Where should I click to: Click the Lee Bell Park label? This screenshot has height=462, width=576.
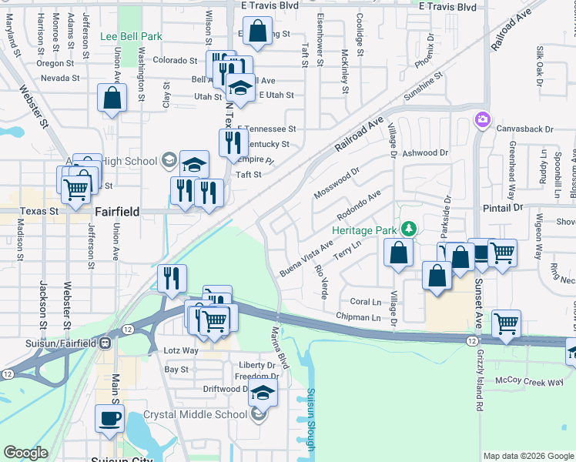pos(131,36)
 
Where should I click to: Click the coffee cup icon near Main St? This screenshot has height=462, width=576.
pos(109,418)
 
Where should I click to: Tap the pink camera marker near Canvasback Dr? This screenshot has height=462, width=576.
pos(482,119)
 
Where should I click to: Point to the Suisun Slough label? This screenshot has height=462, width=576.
pos(310,419)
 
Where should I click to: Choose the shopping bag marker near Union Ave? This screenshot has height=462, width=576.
pos(112,98)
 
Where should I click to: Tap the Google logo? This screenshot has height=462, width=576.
pos(26,453)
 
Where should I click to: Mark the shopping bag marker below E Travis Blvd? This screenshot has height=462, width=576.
pos(257,32)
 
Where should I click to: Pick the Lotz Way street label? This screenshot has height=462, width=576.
pos(181,350)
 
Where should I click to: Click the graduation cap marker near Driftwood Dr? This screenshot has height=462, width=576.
pos(263,392)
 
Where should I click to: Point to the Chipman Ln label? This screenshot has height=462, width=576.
pos(358,317)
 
